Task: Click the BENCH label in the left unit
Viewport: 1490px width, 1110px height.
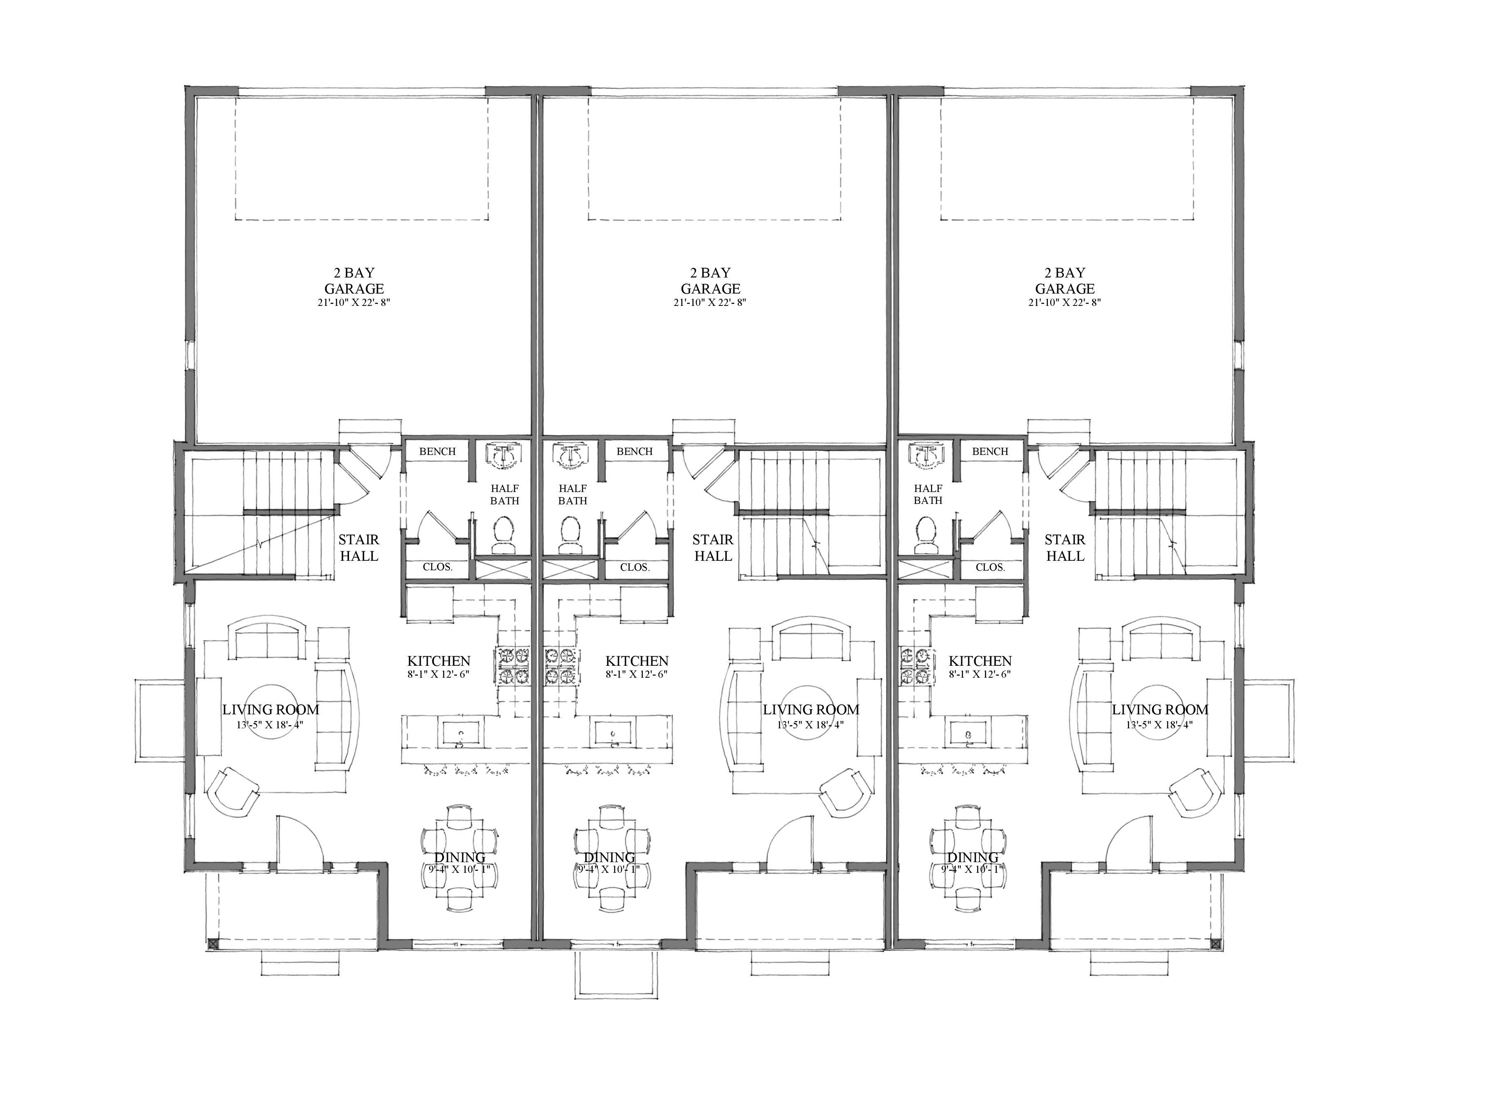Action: point(437,452)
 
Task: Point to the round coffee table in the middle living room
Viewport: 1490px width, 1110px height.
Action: point(810,713)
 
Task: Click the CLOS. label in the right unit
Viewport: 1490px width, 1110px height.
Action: point(990,567)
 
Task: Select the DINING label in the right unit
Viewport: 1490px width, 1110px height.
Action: point(973,857)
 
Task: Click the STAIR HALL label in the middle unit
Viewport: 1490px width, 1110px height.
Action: point(713,548)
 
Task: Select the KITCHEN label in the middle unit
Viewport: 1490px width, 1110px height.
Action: point(637,661)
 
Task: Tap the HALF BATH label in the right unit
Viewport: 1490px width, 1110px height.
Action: point(928,494)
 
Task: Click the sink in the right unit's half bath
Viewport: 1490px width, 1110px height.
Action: point(928,455)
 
